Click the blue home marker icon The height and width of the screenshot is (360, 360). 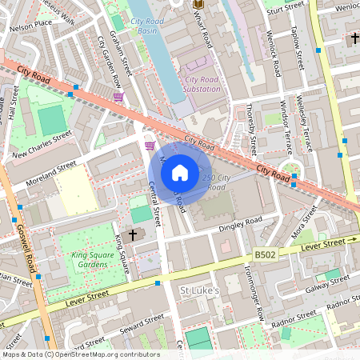pos(180,172)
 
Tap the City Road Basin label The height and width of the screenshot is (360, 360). pos(143,26)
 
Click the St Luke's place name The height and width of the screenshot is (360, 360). pos(198,290)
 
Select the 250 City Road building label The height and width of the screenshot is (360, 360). pos(216,182)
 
